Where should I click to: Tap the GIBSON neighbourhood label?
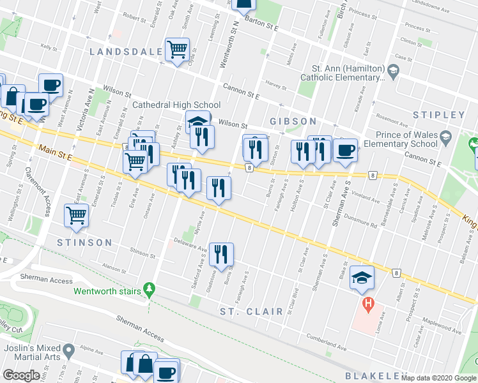pyautogui.click(x=293, y=121)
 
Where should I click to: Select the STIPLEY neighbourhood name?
pyautogui.click(x=438, y=116)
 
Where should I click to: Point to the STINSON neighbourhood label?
pyautogui.click(x=84, y=243)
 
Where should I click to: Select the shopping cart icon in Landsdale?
pyautogui.click(x=177, y=49)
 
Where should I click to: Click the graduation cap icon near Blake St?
pyautogui.click(x=361, y=277)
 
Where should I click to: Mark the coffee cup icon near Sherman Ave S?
pyautogui.click(x=345, y=150)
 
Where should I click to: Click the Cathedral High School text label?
pyautogui.click(x=176, y=105)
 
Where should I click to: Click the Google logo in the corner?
pyautogui.click(x=21, y=375)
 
